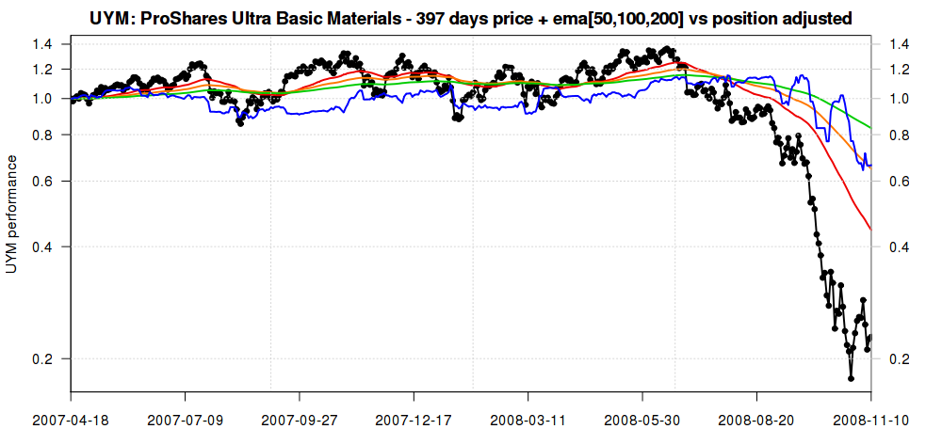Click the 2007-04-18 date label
(x=71, y=419)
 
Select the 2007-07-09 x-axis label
(x=185, y=419)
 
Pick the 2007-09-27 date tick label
(x=300, y=419)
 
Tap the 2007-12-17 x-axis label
(x=414, y=419)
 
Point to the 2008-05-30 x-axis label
(x=642, y=419)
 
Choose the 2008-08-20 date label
(x=756, y=419)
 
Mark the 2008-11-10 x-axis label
(x=870, y=419)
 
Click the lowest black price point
(x=851, y=378)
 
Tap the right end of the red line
(x=870, y=230)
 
